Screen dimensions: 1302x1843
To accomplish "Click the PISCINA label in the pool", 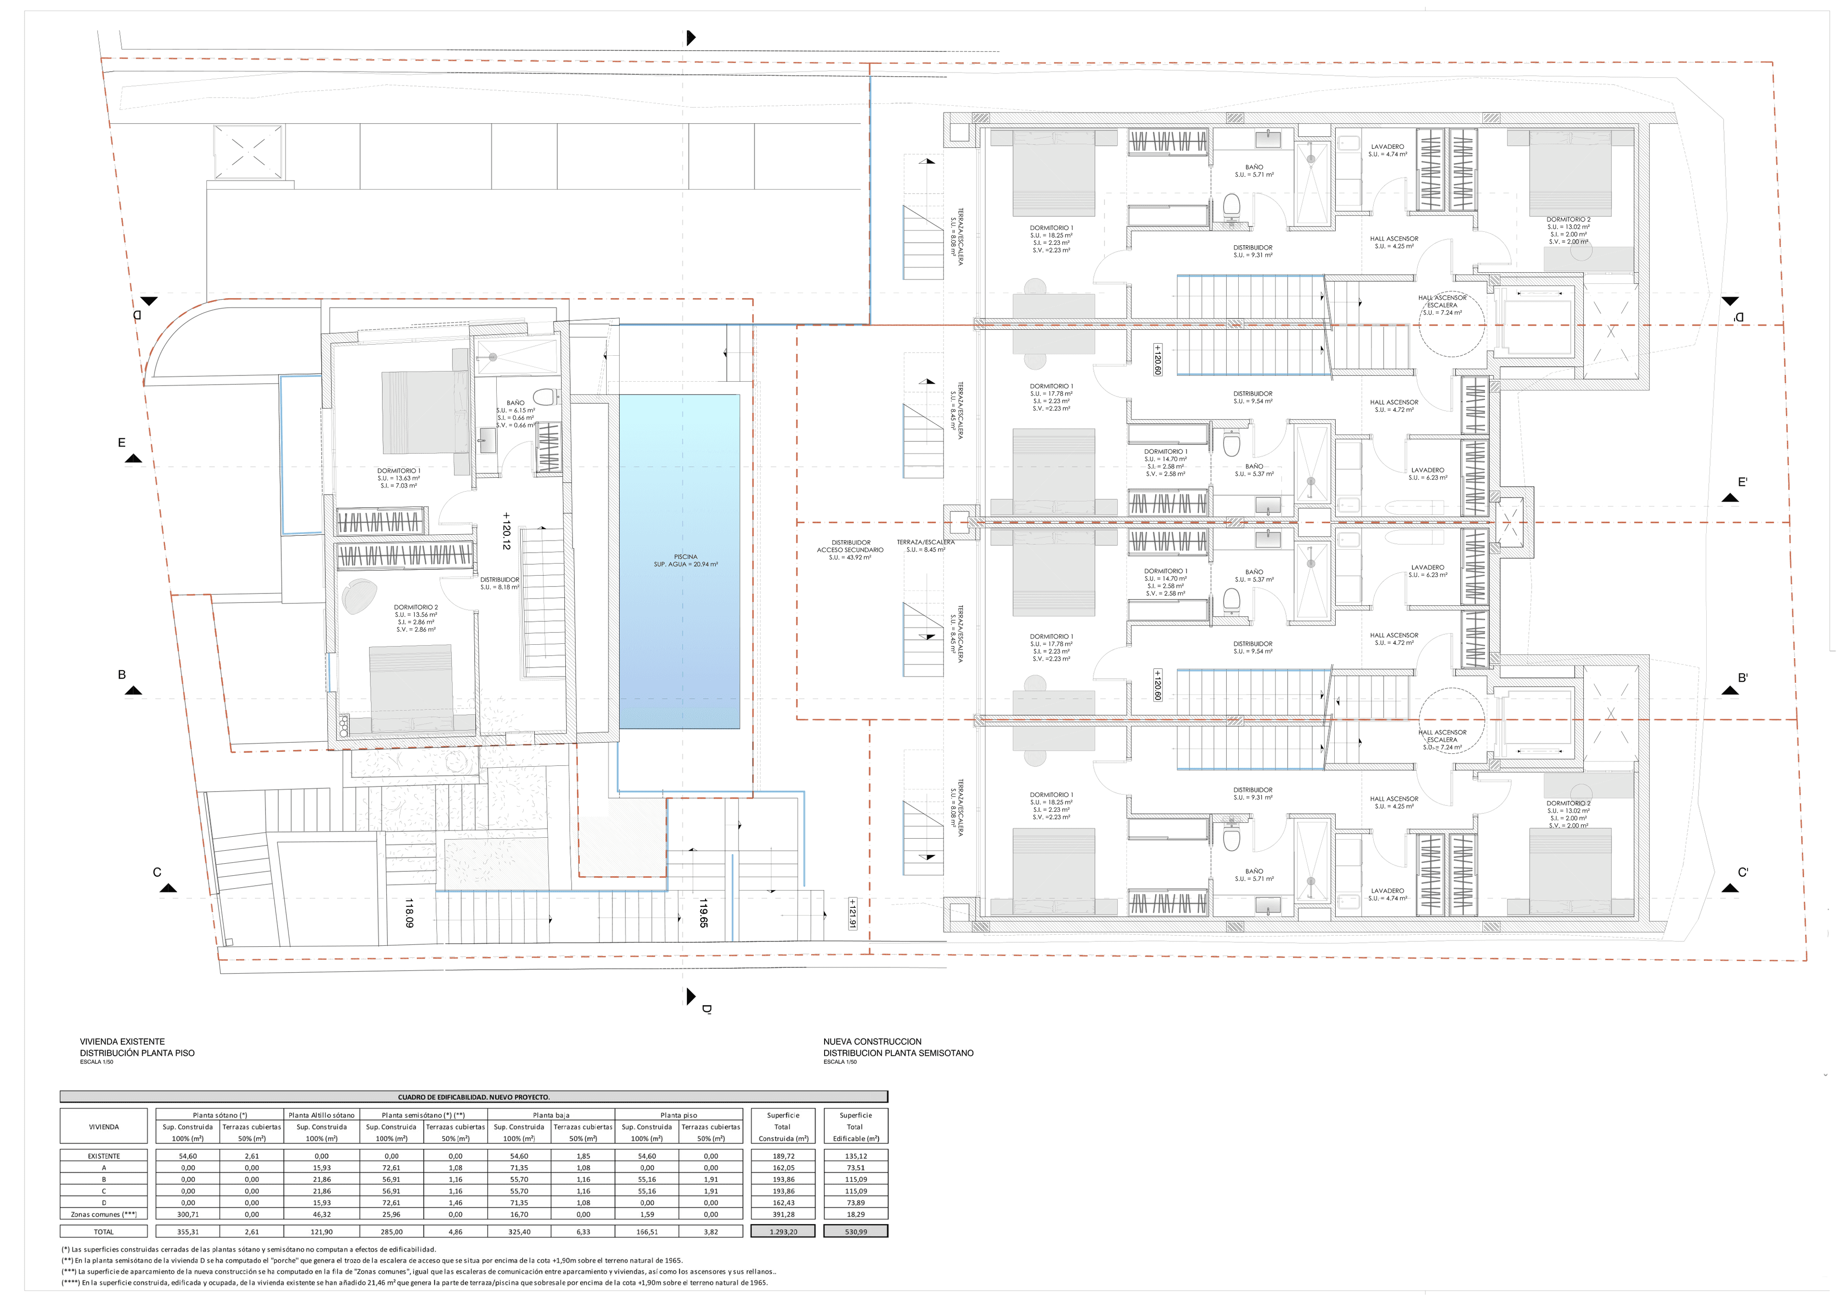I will [x=685, y=557].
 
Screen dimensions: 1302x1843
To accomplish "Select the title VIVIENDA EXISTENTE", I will [x=122, y=1041].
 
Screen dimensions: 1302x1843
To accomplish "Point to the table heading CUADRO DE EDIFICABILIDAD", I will [x=474, y=1097].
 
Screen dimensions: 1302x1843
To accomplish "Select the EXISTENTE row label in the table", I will [x=104, y=1156].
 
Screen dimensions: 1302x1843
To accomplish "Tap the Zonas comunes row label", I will [x=104, y=1215].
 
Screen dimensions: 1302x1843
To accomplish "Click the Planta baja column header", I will [x=551, y=1115].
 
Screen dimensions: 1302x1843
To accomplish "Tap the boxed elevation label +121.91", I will [x=852, y=914].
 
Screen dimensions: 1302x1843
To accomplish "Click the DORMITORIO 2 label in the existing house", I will [x=416, y=608].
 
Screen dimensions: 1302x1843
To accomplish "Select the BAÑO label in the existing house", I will [x=515, y=403].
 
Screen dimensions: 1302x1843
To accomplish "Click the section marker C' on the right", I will [x=1743, y=872].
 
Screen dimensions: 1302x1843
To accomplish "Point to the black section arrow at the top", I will [x=690, y=38].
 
